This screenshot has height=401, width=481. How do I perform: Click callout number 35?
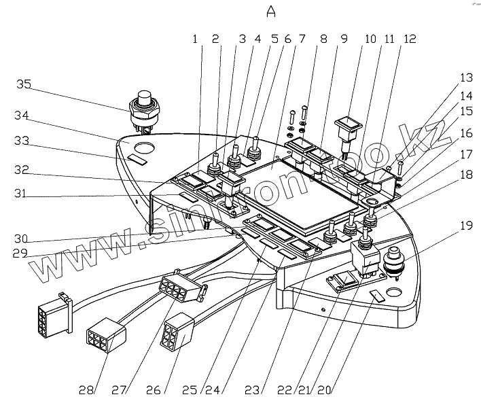pyautogui.click(x=24, y=84)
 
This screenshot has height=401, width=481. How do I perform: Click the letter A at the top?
pyautogui.click(x=272, y=12)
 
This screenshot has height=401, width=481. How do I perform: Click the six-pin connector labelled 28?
pyautogui.click(x=105, y=335)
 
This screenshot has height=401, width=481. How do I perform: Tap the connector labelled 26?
pyautogui.click(x=177, y=330)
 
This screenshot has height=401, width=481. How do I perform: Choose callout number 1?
pyautogui.click(x=195, y=40)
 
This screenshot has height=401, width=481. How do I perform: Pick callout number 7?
pyautogui.click(x=302, y=40)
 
